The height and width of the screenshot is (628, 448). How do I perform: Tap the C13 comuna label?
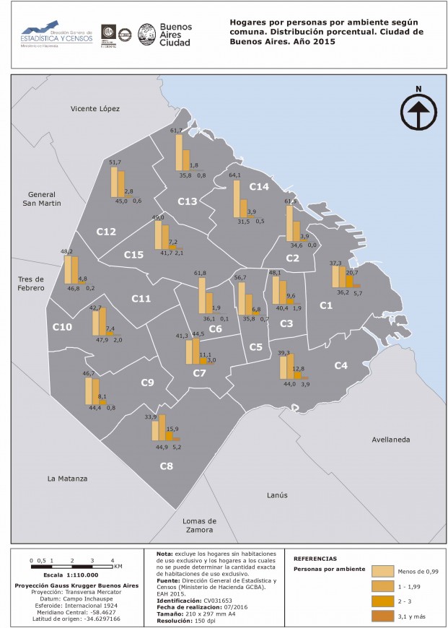click(x=188, y=201)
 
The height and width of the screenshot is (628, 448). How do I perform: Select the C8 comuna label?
click(x=166, y=466)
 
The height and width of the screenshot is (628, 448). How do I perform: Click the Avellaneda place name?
click(x=390, y=439)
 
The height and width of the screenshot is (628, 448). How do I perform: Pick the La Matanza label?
click(x=67, y=479)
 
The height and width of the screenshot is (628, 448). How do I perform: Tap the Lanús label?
click(x=277, y=495)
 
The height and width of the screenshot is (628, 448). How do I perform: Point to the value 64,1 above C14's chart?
click(x=234, y=175)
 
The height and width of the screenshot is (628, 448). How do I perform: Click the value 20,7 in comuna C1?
click(x=352, y=273)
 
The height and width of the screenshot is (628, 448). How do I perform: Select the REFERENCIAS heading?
click(x=315, y=559)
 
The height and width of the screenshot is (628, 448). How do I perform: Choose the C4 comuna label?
click(x=341, y=366)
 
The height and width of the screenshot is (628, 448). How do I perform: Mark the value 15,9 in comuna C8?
click(x=173, y=429)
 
